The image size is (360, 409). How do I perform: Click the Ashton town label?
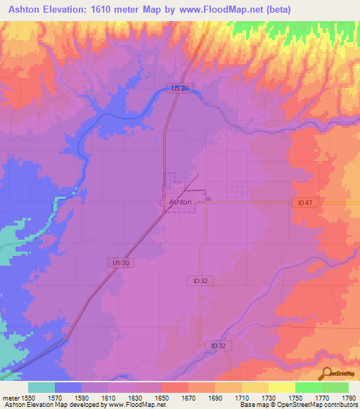(180, 202)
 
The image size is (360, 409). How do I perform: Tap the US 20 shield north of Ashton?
(179, 88)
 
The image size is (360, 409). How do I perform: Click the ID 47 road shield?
(303, 202)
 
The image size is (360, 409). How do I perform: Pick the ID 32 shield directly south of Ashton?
(200, 280)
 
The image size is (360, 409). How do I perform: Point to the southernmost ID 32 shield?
(218, 346)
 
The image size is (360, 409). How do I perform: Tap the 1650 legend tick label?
(162, 397)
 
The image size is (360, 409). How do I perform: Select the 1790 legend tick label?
(347, 397)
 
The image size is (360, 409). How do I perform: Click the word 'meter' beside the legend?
(9, 397)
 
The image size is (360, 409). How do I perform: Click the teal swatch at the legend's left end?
(41, 387)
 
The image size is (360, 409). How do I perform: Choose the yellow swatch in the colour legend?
(282, 387)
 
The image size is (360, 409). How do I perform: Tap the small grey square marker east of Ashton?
(209, 200)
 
